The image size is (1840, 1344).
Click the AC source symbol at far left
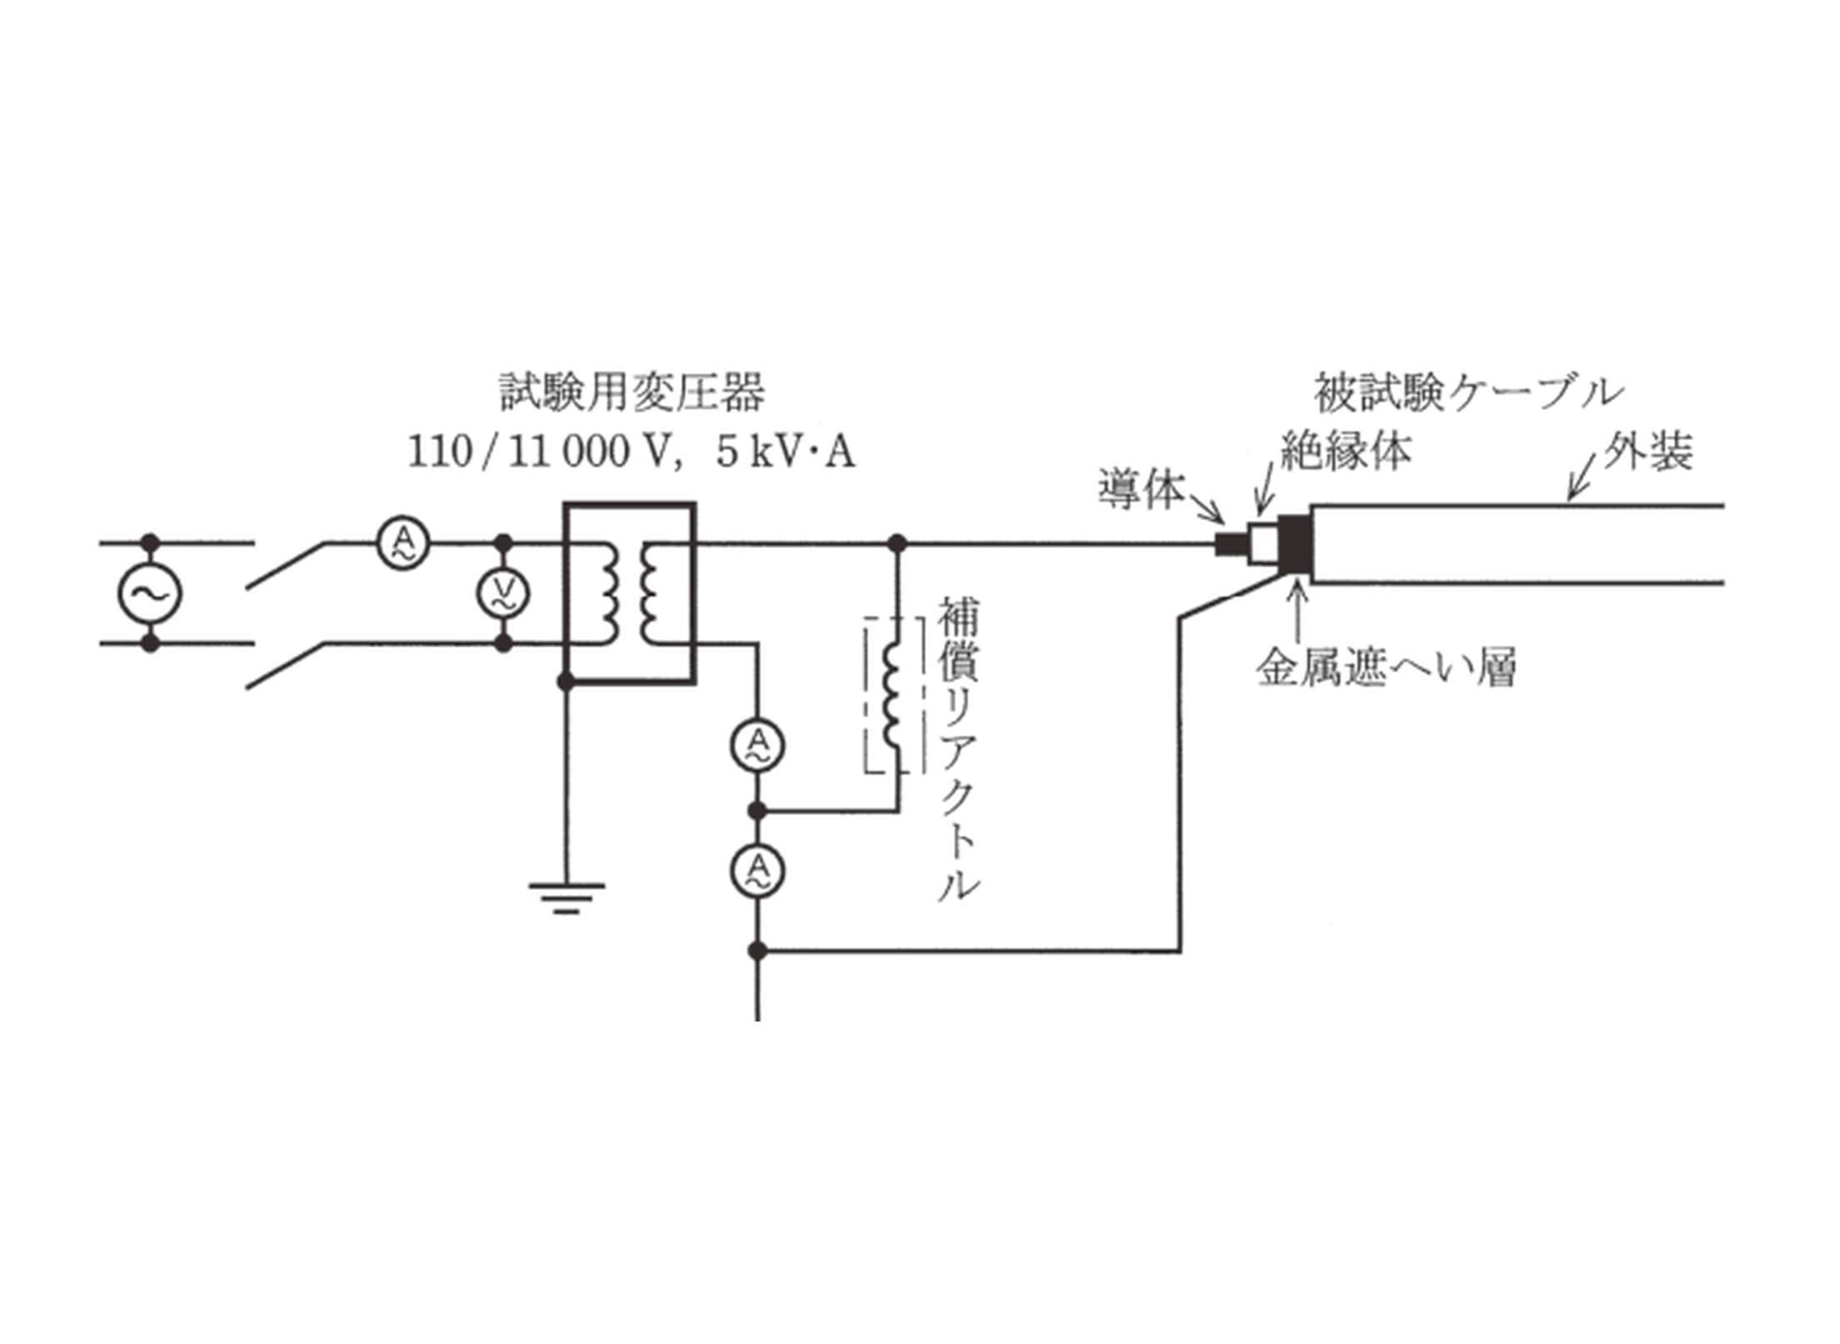149,593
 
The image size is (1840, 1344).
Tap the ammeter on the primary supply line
403,543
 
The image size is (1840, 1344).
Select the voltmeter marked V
503,593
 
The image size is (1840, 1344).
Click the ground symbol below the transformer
567,897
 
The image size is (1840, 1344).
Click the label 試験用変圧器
632,392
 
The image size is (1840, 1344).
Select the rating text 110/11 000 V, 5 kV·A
632,452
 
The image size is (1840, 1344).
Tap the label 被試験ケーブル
1469,392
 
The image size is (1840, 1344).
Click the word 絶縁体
1346,451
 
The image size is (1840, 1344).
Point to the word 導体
1141,489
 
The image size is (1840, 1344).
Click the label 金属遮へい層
1386,667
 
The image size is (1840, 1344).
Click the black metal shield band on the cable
1296,544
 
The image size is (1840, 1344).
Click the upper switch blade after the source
286,565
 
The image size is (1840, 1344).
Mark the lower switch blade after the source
286,666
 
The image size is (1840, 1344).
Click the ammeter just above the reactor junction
757,744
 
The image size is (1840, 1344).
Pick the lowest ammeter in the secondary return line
757,871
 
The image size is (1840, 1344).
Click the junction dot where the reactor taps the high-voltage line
897,544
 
